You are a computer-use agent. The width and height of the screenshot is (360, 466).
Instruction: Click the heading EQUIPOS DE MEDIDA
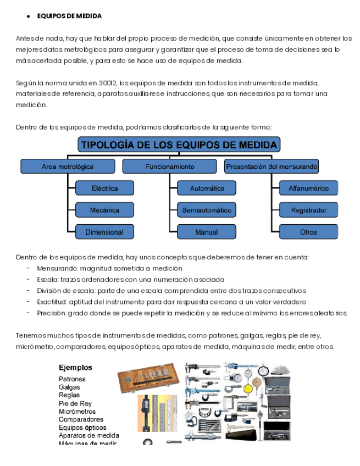coord(69,16)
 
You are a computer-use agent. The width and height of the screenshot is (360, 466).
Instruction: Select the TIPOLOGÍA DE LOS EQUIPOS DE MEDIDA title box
coord(179,145)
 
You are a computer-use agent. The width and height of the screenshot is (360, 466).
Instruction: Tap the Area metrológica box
coord(68,166)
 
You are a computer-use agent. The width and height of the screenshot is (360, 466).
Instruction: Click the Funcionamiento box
coord(170,166)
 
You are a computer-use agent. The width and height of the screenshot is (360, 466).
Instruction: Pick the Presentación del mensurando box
coord(272,166)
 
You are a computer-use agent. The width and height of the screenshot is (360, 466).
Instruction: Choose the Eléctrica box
coord(104,188)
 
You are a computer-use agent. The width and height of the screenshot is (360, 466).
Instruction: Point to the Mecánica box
coord(104,210)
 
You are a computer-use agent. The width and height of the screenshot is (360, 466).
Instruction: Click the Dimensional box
coord(104,232)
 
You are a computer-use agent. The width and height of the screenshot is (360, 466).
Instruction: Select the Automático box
coord(207,188)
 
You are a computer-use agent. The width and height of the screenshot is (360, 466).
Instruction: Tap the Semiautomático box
coord(207,210)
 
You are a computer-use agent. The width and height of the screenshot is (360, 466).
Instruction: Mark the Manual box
coord(207,232)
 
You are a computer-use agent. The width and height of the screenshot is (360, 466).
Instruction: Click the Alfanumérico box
coord(308,188)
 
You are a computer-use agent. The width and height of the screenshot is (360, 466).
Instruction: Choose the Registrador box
coord(308,210)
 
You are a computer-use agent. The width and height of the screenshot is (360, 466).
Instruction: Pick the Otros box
coord(308,232)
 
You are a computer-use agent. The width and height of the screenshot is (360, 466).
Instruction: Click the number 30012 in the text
coord(108,82)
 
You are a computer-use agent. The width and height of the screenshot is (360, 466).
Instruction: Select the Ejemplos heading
coord(75,368)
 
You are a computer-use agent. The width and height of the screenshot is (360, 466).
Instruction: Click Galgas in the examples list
coord(69,387)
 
